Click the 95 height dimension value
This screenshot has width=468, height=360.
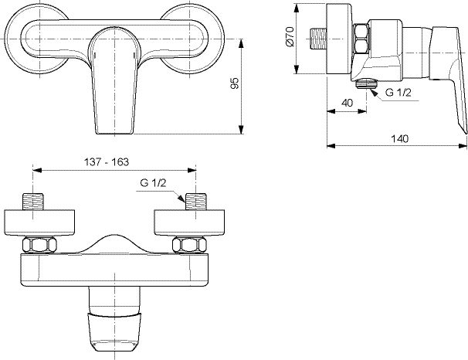[236, 83]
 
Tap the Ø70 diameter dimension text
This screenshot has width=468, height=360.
[290, 37]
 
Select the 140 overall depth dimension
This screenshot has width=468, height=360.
[399, 138]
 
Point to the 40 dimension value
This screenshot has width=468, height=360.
[347, 103]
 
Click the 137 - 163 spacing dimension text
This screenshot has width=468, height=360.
[107, 161]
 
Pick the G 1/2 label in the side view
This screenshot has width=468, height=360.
[398, 93]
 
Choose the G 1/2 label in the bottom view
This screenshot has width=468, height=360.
[153, 182]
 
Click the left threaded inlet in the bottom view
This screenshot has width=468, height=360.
[33, 202]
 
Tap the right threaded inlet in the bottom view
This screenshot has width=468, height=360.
[196, 202]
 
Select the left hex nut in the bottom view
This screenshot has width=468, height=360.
[39, 244]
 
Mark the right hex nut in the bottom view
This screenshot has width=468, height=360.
[190, 244]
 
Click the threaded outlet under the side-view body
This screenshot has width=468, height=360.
[365, 83]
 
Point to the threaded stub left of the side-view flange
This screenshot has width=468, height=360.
[317, 39]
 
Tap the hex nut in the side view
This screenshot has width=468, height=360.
[361, 39]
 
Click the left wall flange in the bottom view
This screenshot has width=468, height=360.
[40, 222]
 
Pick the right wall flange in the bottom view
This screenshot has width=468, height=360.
[190, 222]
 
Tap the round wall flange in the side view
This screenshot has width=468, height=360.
[339, 39]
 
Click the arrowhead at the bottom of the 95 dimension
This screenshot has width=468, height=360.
[242, 130]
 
